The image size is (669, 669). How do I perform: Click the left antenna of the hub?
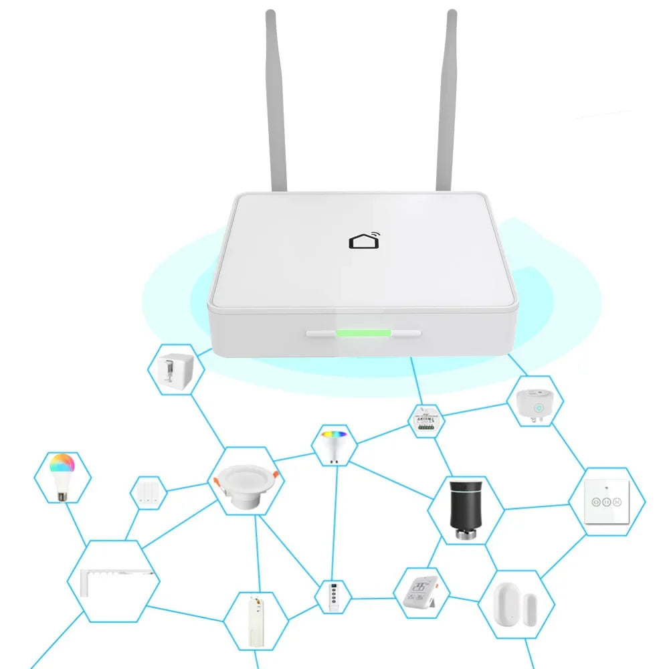(x=276, y=100)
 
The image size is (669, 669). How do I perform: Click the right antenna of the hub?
(x=446, y=100)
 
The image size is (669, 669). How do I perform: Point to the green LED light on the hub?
(x=363, y=332)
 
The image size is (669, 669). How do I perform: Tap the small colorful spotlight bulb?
(x=332, y=444)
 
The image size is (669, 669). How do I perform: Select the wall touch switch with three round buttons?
(x=606, y=502)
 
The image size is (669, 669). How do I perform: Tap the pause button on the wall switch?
(x=606, y=501)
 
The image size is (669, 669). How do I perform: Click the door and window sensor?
(x=514, y=605)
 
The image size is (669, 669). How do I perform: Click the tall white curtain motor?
(x=256, y=622)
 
